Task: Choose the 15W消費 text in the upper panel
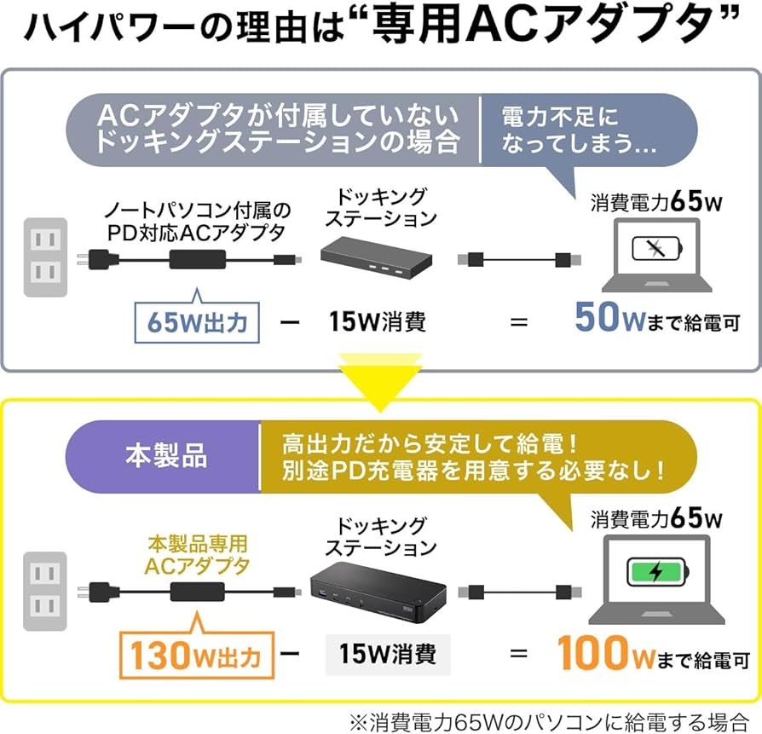[x=377, y=321]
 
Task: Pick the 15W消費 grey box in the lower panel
[x=387, y=654]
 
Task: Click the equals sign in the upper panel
[x=518, y=322]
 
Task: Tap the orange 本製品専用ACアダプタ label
[x=198, y=553]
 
